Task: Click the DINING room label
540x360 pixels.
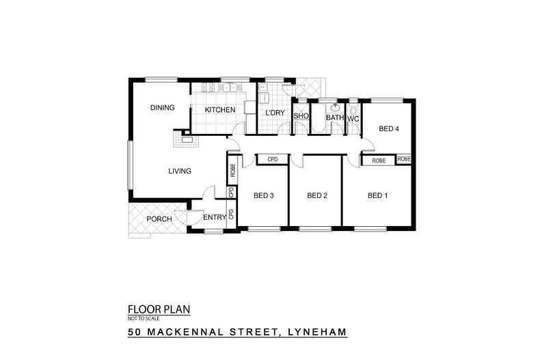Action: coord(163,107)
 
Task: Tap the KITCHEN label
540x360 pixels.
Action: coord(220,110)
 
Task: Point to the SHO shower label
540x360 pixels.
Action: coord(301,117)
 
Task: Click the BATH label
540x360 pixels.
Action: coord(335,118)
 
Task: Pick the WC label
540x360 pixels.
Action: coord(353,118)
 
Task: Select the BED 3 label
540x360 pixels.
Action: coord(263,196)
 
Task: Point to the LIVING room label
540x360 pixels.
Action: coord(180,171)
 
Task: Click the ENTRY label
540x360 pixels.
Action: coord(214,218)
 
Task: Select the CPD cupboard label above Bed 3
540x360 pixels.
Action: coord(273,159)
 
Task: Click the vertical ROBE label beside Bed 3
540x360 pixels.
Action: coord(233,171)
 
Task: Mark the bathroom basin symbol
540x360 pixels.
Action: coord(335,108)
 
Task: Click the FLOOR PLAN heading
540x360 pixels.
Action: coord(159,309)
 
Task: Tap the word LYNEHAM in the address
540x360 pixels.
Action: coord(316,333)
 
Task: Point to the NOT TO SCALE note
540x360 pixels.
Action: coord(143,318)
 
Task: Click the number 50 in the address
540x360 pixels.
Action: coord(135,333)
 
